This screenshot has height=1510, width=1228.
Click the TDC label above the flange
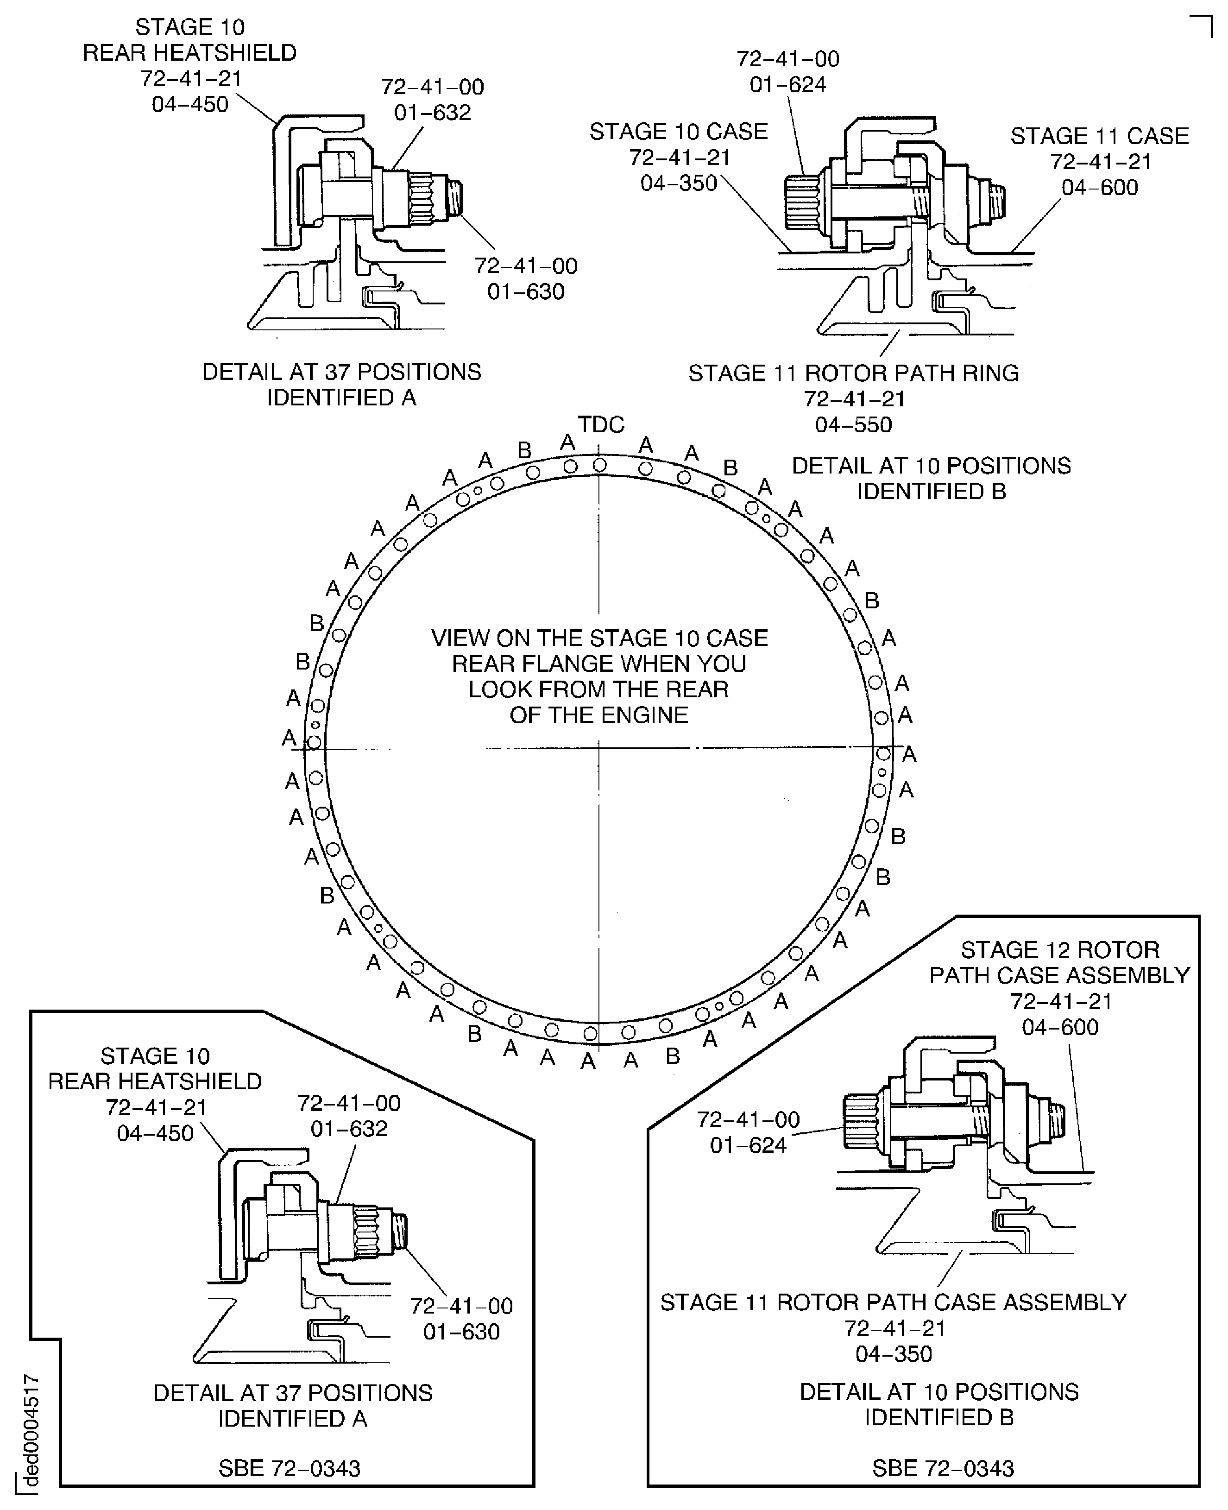tap(600, 424)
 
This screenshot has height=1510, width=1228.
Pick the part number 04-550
tap(853, 424)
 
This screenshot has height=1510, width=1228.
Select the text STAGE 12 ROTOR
tap(1060, 949)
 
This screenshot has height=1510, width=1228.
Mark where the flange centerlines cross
tap(599, 748)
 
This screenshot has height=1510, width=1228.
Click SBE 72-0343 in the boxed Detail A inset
tap(290, 1468)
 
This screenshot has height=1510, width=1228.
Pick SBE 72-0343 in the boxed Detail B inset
tap(943, 1468)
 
